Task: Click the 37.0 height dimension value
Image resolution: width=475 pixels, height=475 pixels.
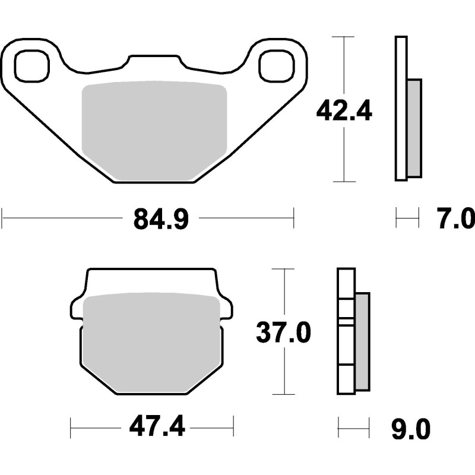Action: tap(283, 332)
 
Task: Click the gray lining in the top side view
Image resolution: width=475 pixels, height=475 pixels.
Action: tap(414, 128)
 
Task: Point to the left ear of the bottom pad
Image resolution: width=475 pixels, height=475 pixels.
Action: tap(77, 308)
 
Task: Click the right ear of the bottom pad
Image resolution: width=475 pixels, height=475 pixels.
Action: tap(227, 308)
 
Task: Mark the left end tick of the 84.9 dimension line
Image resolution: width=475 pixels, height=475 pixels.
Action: tap(2, 218)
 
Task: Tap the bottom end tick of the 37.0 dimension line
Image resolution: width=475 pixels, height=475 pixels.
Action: tap(283, 394)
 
